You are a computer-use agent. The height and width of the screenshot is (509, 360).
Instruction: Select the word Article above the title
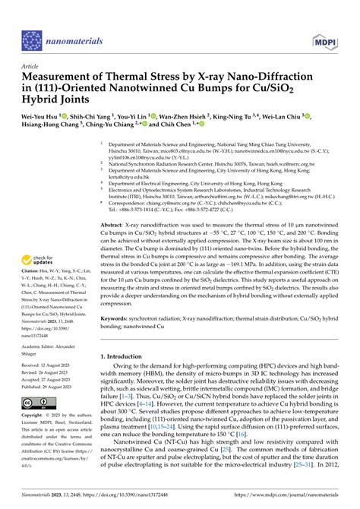tap(33, 67)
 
